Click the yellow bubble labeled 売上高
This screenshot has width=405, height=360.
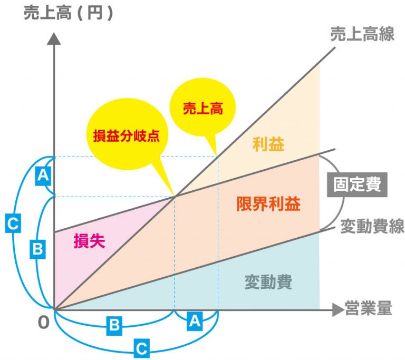point(203,109)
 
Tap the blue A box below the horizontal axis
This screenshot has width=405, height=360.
point(195,320)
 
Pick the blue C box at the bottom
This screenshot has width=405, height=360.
point(141,348)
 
